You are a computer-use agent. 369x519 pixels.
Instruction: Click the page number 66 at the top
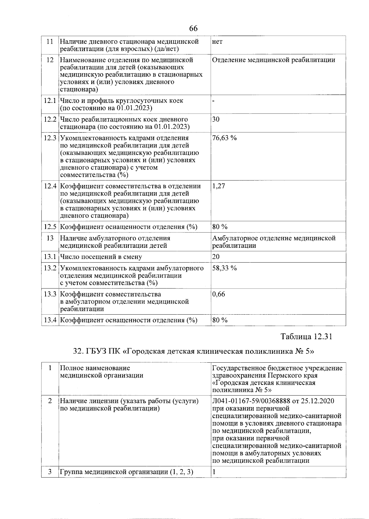193,29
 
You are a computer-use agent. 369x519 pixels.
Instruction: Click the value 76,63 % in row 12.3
224,138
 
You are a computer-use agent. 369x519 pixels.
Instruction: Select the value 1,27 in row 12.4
218,186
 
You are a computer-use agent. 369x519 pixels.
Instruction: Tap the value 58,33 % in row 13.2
224,268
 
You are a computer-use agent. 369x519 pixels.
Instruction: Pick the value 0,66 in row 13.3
218,294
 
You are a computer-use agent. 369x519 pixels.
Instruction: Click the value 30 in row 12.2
216,119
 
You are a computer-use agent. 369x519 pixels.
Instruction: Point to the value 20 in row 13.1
216,257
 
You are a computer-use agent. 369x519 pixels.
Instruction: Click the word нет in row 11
217,42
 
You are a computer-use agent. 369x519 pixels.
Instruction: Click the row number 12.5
50,227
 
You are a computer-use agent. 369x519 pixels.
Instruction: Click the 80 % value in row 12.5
220,227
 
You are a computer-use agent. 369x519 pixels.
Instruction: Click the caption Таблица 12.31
306,336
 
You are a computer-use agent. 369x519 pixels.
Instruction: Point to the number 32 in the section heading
77,352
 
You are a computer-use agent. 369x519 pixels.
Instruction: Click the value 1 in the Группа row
213,472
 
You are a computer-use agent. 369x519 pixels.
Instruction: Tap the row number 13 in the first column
50,238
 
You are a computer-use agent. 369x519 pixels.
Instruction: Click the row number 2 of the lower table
50,401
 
